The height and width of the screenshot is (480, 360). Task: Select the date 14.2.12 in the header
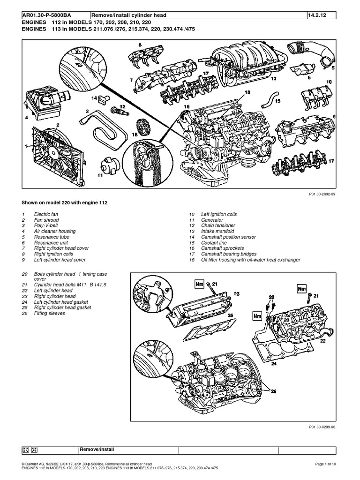click(317, 15)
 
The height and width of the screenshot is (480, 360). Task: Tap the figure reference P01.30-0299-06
click(323, 427)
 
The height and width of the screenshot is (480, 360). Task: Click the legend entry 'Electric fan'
click(47, 214)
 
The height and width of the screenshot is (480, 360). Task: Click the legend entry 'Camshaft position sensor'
click(229, 237)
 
